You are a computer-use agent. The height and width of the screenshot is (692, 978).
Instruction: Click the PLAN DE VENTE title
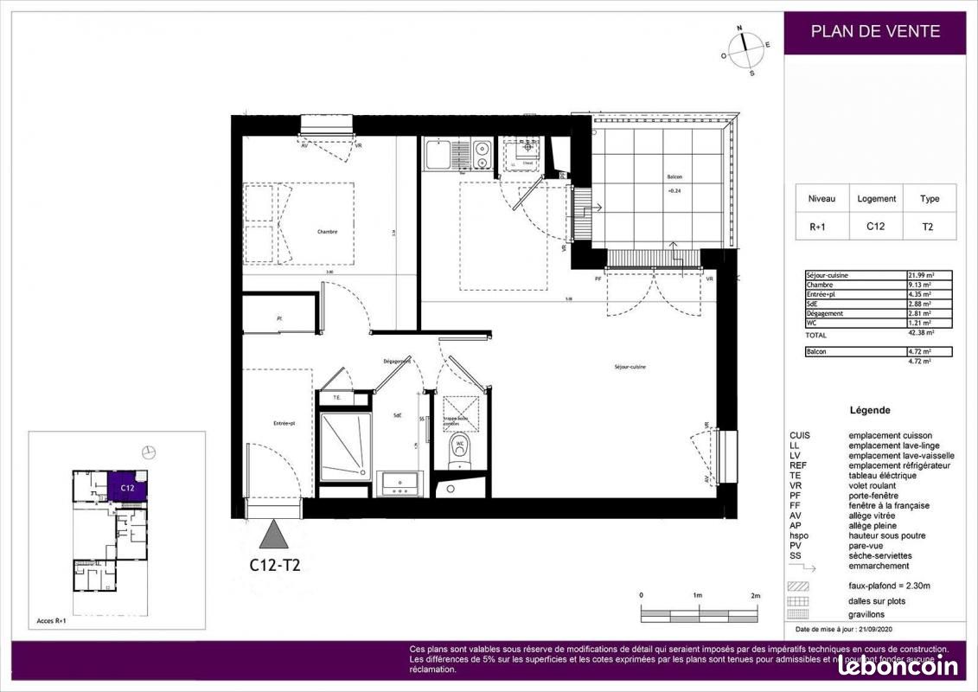pyautogui.click(x=875, y=32)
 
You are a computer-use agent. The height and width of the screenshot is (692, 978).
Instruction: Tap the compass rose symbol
pyautogui.click(x=745, y=48)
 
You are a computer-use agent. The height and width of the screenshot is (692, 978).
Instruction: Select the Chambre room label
pyautogui.click(x=327, y=231)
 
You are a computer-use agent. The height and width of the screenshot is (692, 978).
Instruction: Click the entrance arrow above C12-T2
pyautogui.click(x=276, y=535)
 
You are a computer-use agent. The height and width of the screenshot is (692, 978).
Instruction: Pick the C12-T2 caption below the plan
pyautogui.click(x=274, y=566)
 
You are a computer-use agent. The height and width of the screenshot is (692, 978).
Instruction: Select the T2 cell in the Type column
pyautogui.click(x=930, y=227)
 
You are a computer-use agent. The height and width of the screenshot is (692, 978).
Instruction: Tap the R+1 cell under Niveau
pyautogui.click(x=821, y=227)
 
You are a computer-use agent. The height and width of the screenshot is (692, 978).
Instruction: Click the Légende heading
pyautogui.click(x=870, y=410)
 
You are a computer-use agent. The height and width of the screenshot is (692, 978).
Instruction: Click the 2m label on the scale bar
pyautogui.click(x=754, y=596)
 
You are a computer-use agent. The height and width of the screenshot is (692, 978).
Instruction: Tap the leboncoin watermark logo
pyautogui.click(x=898, y=665)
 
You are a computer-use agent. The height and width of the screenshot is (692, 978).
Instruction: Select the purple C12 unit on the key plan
pyautogui.click(x=128, y=487)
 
